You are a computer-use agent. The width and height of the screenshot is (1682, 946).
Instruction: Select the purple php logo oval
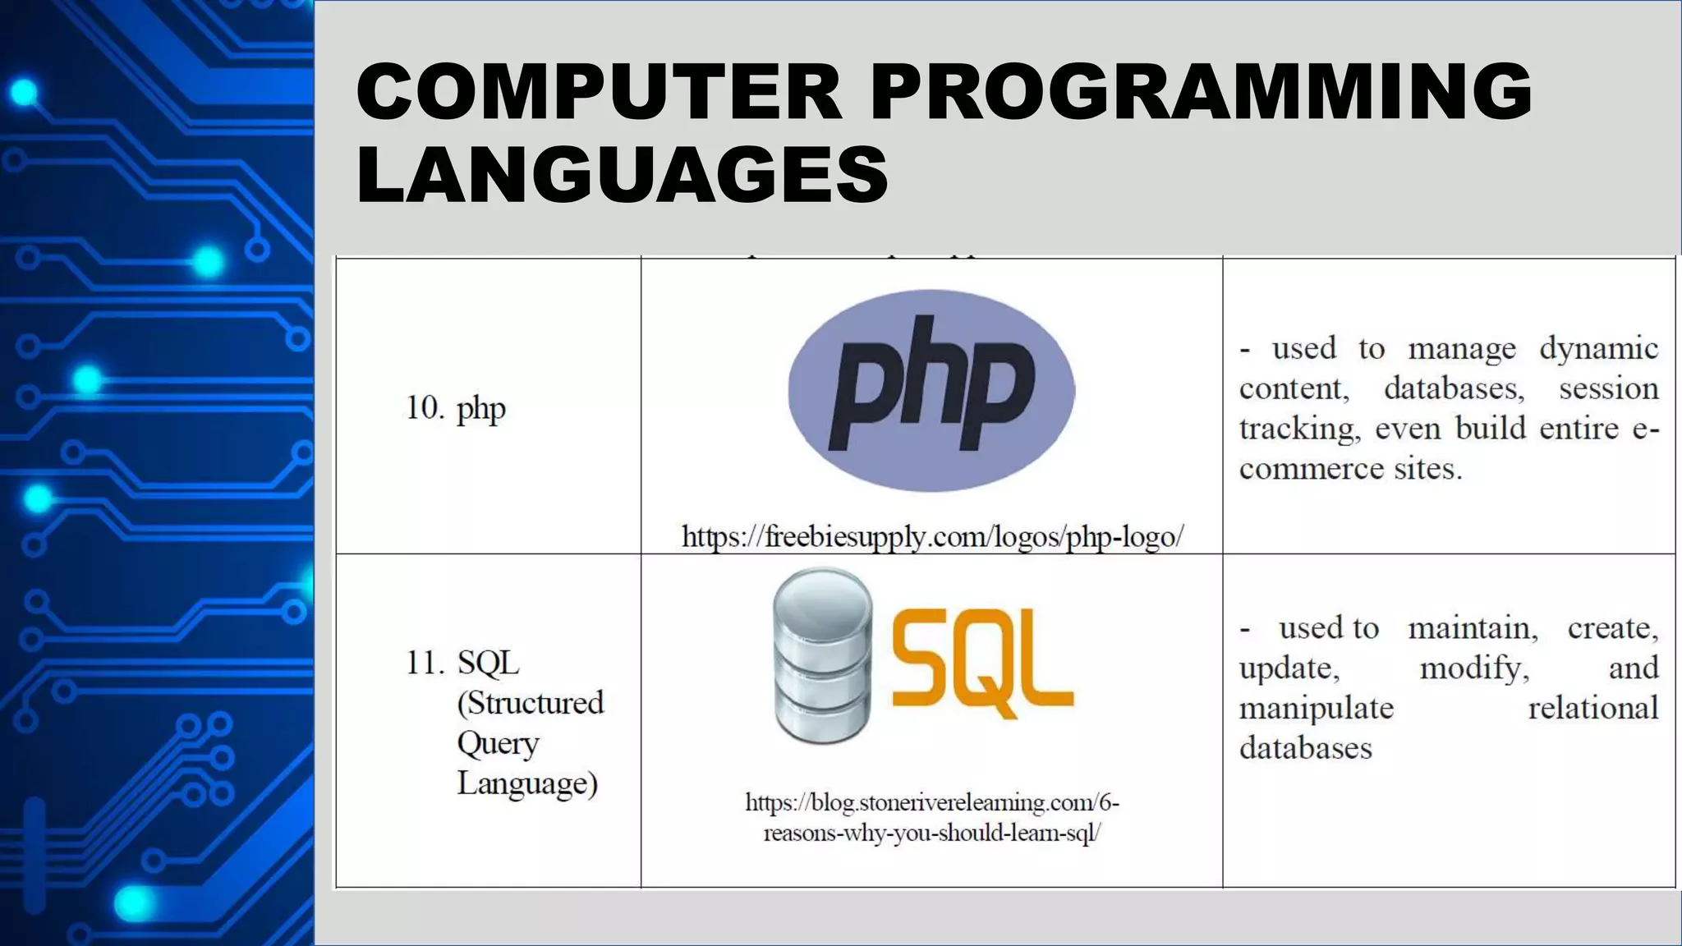pyautogui.click(x=931, y=391)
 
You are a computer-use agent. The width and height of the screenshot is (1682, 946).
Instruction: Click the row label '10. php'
pyautogui.click(x=456, y=408)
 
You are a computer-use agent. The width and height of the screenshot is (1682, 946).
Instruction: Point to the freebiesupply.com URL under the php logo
pyautogui.click(x=932, y=537)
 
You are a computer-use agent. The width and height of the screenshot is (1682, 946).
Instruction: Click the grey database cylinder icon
pyautogui.click(x=821, y=655)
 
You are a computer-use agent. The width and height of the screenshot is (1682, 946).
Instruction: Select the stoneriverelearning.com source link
pyautogui.click(x=932, y=817)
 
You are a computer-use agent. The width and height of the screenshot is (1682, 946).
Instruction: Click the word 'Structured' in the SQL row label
pyautogui.click(x=531, y=703)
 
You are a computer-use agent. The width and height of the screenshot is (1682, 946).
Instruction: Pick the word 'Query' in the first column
pyautogui.click(x=498, y=743)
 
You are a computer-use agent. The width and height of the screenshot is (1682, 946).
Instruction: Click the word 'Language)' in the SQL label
pyautogui.click(x=527, y=783)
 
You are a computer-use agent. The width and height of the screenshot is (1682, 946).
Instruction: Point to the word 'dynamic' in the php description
pyautogui.click(x=1598, y=349)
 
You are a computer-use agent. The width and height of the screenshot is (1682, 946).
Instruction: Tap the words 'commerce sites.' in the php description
pyautogui.click(x=1351, y=469)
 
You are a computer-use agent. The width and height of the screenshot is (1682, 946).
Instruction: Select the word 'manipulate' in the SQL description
pyautogui.click(x=1316, y=708)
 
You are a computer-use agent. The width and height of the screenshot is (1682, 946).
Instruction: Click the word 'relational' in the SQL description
pyautogui.click(x=1592, y=708)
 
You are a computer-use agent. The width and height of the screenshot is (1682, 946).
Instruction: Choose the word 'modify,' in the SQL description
pyautogui.click(x=1474, y=668)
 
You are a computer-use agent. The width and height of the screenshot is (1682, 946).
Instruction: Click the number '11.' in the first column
pyautogui.click(x=425, y=664)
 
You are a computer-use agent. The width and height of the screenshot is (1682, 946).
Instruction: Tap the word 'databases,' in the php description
pyautogui.click(x=1454, y=388)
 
